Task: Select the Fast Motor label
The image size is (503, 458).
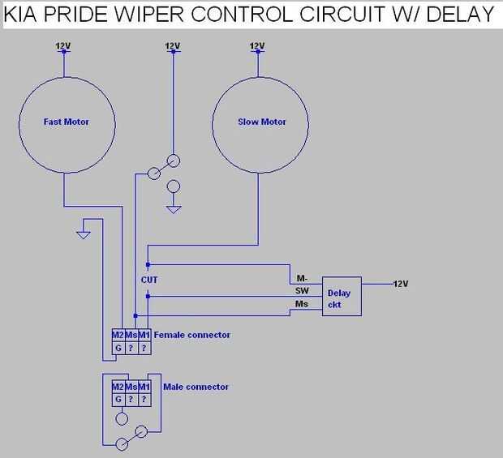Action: point(66,122)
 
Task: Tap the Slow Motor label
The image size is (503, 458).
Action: point(262,122)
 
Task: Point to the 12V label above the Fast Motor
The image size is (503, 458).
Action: point(65,46)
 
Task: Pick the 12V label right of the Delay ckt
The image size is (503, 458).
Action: point(401,284)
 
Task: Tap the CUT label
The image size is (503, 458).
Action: point(148,280)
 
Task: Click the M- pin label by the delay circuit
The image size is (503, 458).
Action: point(302,278)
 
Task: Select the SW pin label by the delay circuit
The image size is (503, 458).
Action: point(302,290)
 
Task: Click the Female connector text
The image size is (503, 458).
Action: point(191,335)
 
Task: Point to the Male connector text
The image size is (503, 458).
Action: point(196,387)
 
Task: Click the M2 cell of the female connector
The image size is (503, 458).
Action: point(118,335)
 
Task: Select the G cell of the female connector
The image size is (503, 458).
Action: point(118,348)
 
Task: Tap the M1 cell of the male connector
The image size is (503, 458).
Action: point(144,387)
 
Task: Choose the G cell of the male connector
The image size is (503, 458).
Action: point(118,400)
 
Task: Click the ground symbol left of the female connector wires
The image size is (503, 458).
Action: point(82,236)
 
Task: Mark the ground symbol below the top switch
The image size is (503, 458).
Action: point(173,209)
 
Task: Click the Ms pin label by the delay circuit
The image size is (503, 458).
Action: point(302,303)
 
